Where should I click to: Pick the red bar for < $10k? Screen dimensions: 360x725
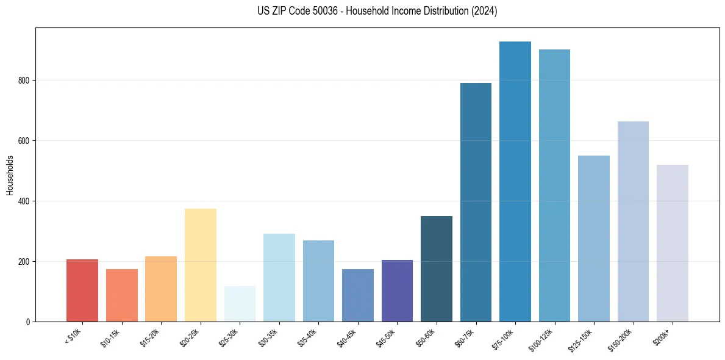coord(82,290)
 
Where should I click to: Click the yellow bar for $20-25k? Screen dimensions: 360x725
coord(201,265)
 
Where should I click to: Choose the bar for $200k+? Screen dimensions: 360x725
coord(673,243)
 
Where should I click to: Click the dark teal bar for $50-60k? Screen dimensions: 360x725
coord(437,269)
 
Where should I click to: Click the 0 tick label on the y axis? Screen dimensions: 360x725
coord(28,322)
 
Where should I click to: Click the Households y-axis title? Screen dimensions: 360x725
coord(10,175)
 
